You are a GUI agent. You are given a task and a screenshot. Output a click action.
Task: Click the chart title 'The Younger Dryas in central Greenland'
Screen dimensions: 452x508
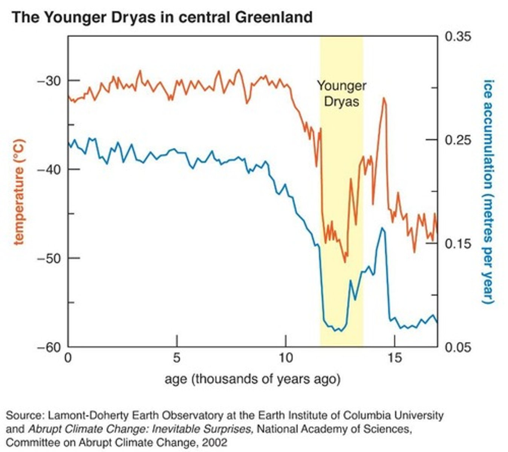pos(162,17)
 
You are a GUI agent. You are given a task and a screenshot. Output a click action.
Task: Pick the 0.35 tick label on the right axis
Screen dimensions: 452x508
pos(458,37)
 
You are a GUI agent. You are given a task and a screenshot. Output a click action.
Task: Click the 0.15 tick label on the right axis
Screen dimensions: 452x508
pos(458,244)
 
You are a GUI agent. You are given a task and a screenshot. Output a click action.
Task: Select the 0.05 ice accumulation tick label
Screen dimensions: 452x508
pos(458,347)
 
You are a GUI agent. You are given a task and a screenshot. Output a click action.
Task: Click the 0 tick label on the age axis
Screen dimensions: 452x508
pos(68,357)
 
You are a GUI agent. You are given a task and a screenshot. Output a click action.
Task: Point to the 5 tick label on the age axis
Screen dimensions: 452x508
pos(176,357)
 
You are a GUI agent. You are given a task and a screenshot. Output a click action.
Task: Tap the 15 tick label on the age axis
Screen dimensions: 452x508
pos(394,357)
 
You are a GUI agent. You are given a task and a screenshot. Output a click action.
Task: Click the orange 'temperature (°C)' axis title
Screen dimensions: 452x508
pos(19,192)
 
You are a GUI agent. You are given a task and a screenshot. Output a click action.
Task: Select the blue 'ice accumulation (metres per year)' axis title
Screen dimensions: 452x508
pos(489,192)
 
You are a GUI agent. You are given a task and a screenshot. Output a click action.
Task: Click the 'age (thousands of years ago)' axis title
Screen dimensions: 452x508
pos(252,379)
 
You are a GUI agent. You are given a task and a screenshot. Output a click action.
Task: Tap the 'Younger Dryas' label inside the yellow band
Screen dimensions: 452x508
pos(341,93)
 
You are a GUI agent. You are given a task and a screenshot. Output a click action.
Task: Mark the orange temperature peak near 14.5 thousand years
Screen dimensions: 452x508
pos(384,98)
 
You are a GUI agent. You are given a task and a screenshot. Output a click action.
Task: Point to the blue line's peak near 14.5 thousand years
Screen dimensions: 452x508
pos(382,228)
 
